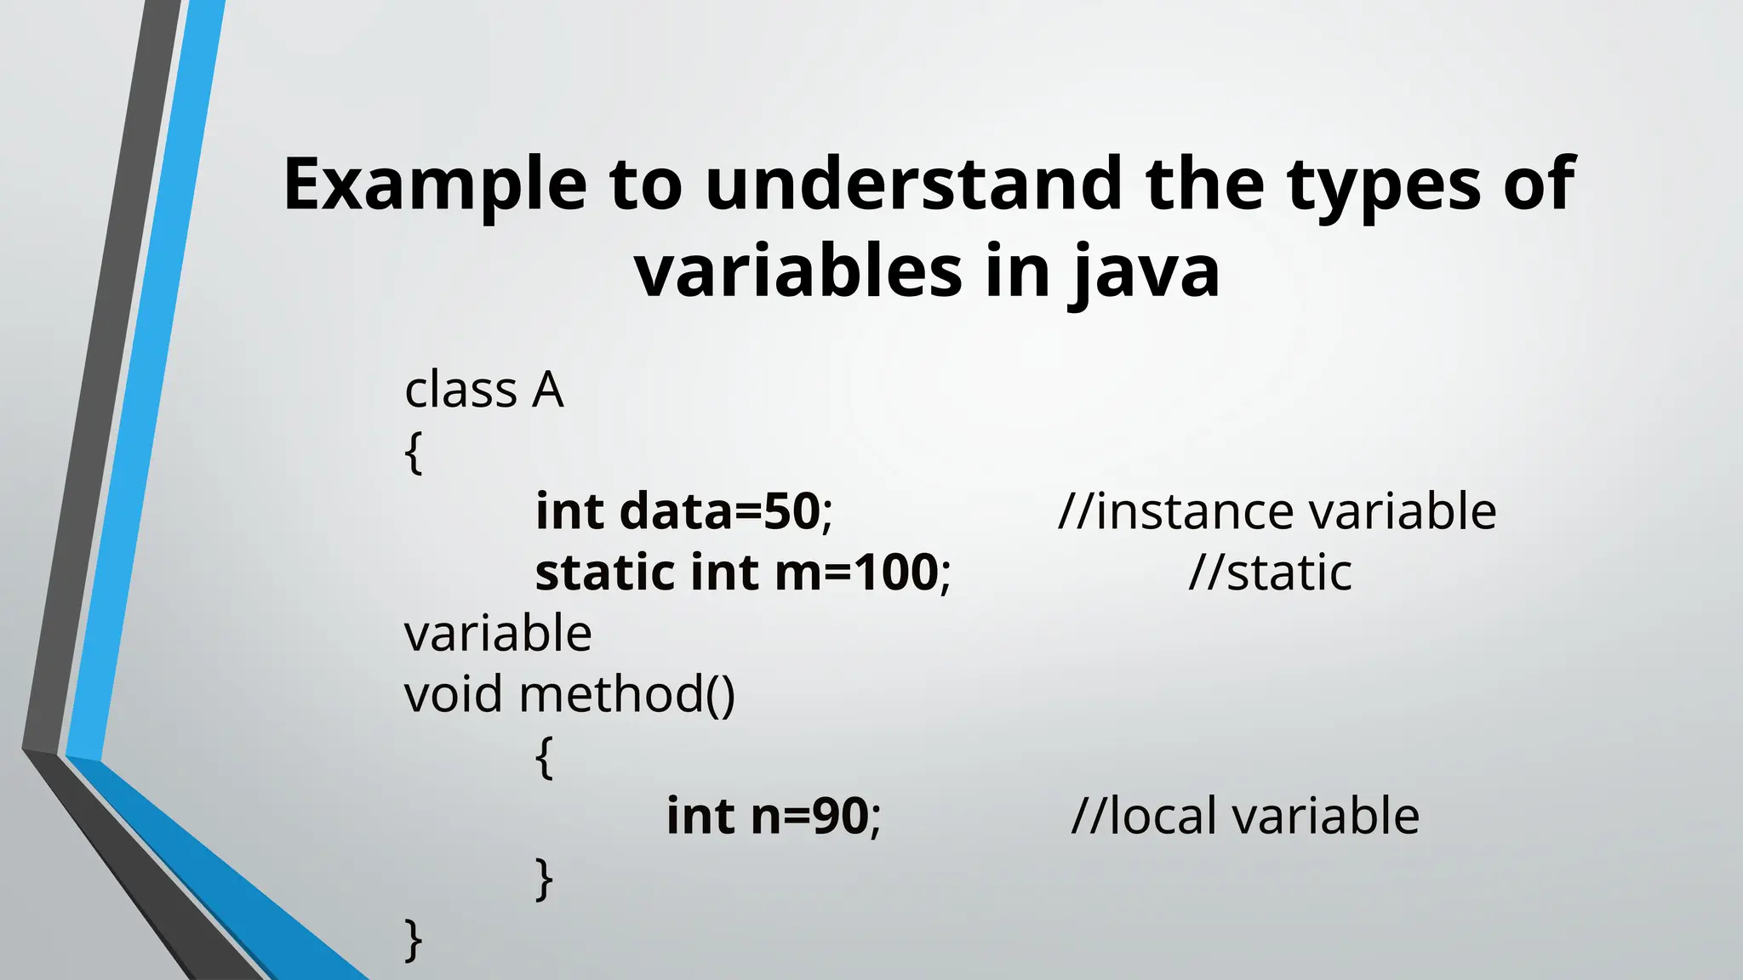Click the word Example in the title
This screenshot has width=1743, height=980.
point(435,185)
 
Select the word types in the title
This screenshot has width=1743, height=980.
point(1383,186)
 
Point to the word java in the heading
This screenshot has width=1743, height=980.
point(1145,273)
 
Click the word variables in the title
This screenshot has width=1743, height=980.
point(798,271)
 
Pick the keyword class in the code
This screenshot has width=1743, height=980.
point(460,390)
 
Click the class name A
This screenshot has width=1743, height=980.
point(548,390)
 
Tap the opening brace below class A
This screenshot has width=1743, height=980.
point(414,453)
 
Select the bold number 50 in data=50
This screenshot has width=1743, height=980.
point(791,511)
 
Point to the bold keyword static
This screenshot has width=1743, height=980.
point(605,572)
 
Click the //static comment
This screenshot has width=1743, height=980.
point(1270,572)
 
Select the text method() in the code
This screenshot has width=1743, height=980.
point(626,693)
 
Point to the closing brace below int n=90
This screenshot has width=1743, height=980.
point(545,879)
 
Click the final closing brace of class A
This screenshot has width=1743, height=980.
point(414,939)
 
